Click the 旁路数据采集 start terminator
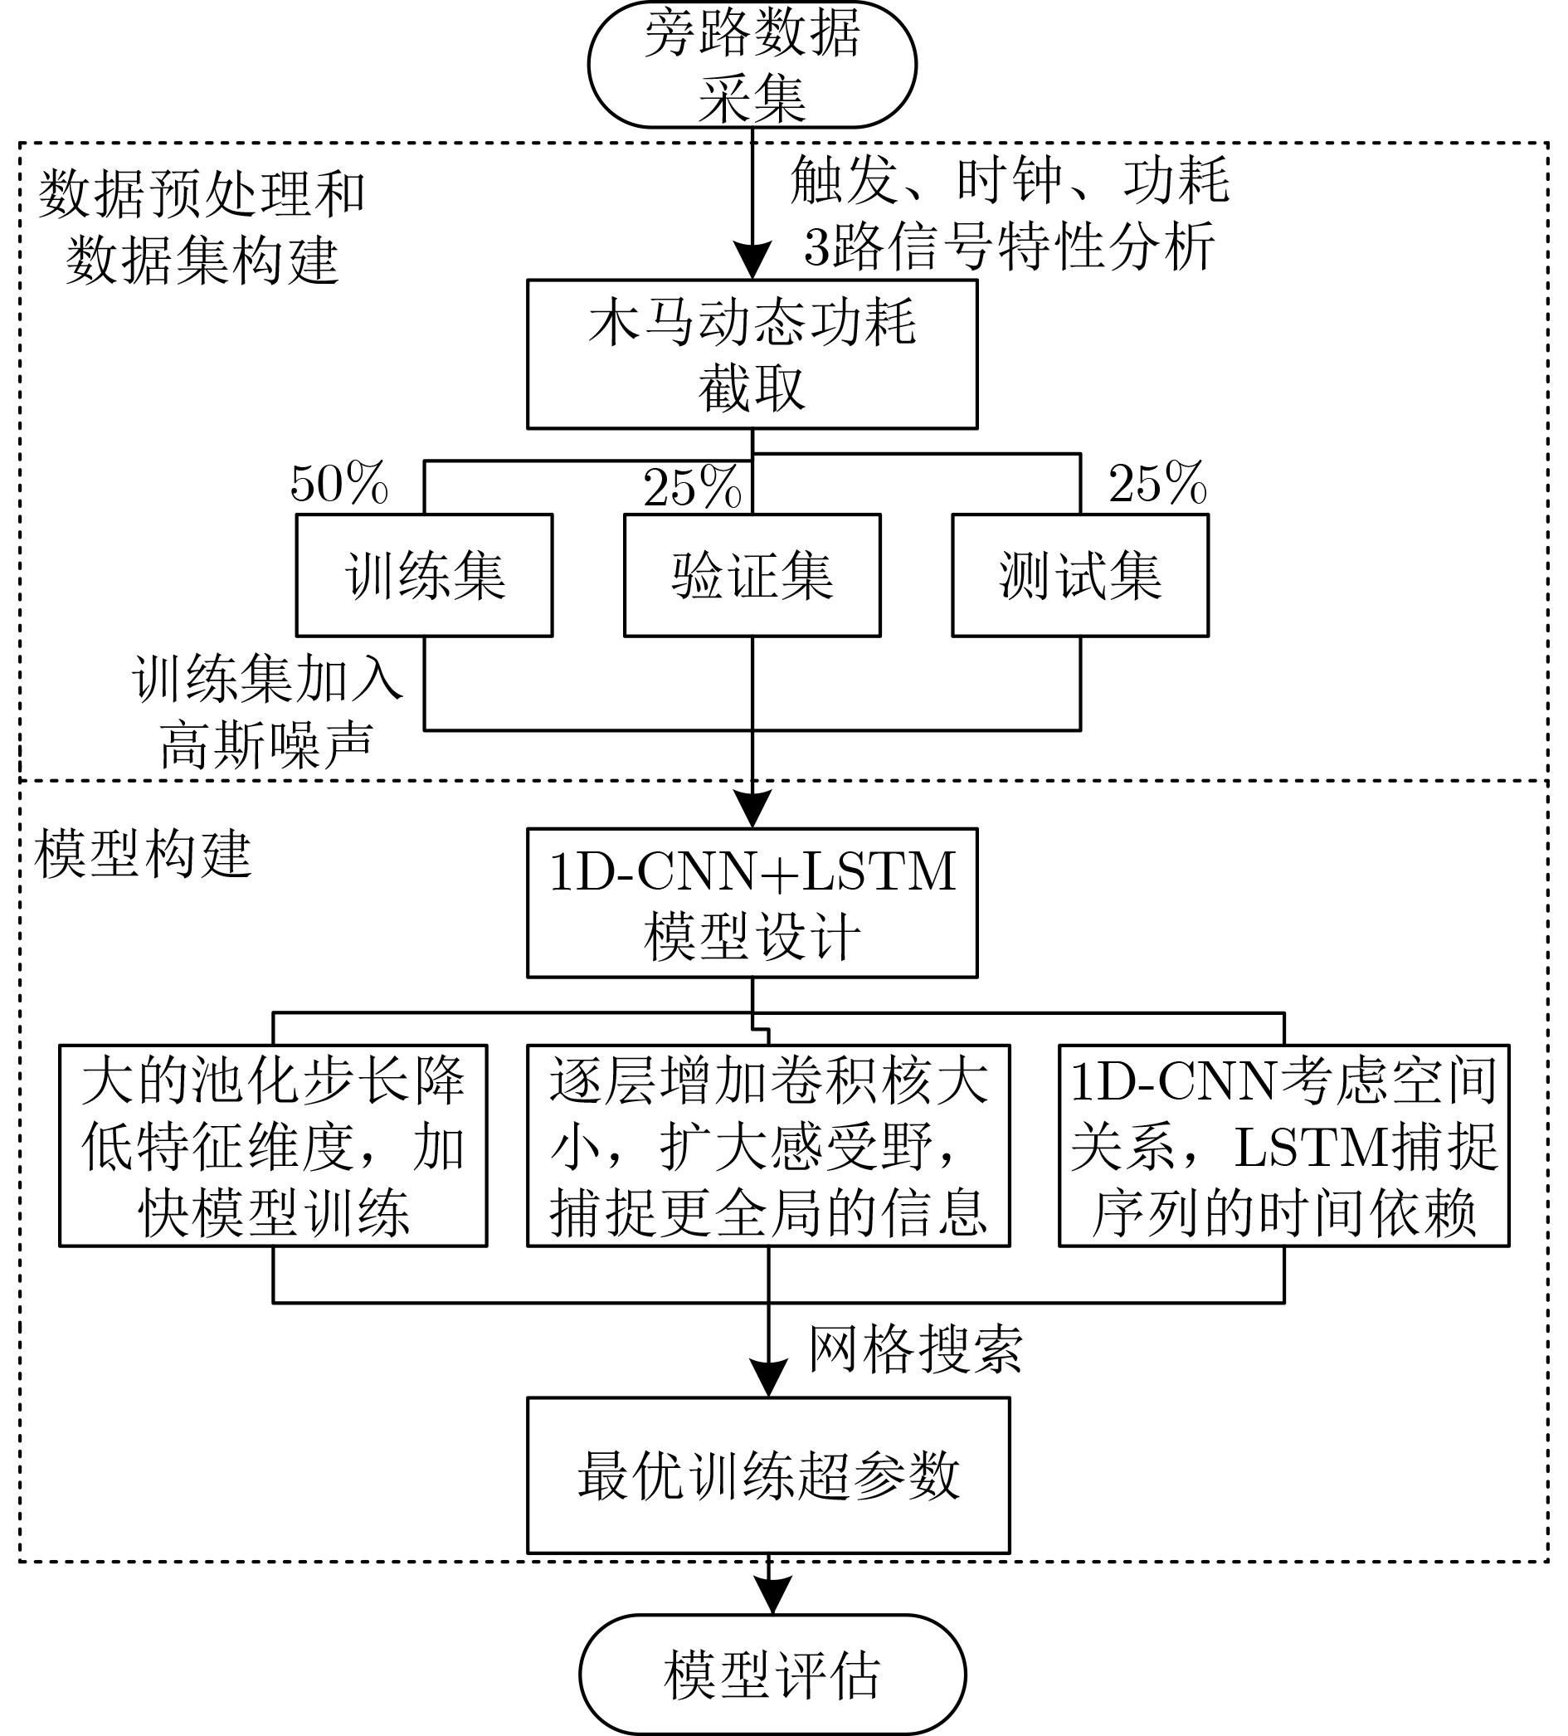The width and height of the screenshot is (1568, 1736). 752,65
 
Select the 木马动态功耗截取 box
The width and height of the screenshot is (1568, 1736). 752,354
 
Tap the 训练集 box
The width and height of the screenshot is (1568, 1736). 424,575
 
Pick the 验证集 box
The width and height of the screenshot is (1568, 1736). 752,575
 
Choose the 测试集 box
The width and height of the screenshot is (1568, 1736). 1080,575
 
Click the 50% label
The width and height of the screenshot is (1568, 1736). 339,484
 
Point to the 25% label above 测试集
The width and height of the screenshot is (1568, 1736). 1157,484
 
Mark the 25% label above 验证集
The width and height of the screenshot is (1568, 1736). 692,487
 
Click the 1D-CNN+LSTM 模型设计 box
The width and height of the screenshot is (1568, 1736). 752,904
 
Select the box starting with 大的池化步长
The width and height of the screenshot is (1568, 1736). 273,1145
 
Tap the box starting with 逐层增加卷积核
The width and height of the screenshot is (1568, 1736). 768,1145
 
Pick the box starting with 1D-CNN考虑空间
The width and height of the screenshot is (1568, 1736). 1283,1145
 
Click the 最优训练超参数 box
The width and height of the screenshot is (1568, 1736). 768,1475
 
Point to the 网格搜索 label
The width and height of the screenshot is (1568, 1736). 914,1349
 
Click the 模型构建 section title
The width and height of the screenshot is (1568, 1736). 143,854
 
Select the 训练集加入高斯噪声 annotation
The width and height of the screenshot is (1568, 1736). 267,711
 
